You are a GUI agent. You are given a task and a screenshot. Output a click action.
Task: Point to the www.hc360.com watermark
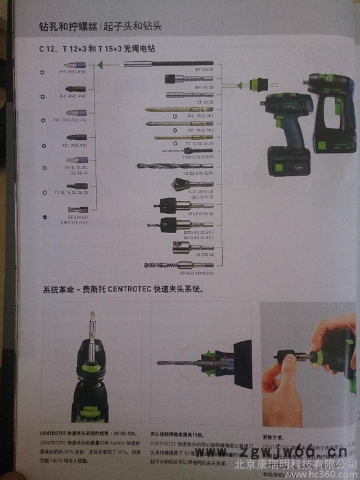pos(323,473)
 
